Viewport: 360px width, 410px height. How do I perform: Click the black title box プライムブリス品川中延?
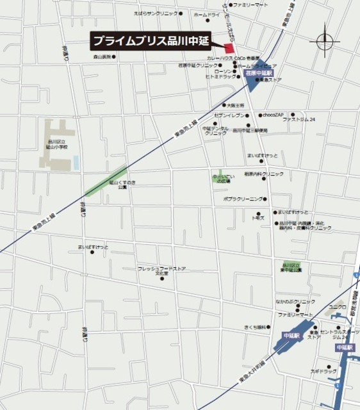[x=155, y=40]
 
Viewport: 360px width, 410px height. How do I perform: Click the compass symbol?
[x=325, y=42]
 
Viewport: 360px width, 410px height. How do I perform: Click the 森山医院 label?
[x=102, y=56]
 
